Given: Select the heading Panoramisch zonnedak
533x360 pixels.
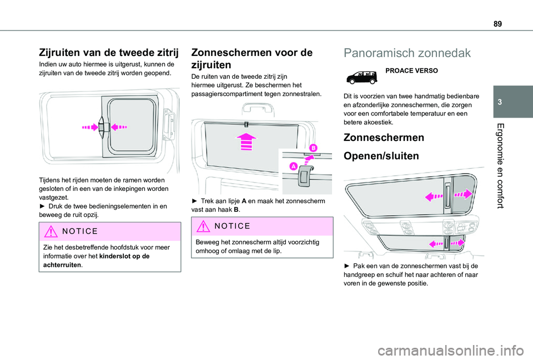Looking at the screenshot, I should pos(406,53).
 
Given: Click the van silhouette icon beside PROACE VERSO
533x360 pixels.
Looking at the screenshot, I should pos(362,77).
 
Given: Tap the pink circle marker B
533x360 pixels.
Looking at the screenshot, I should pos(313,148).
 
